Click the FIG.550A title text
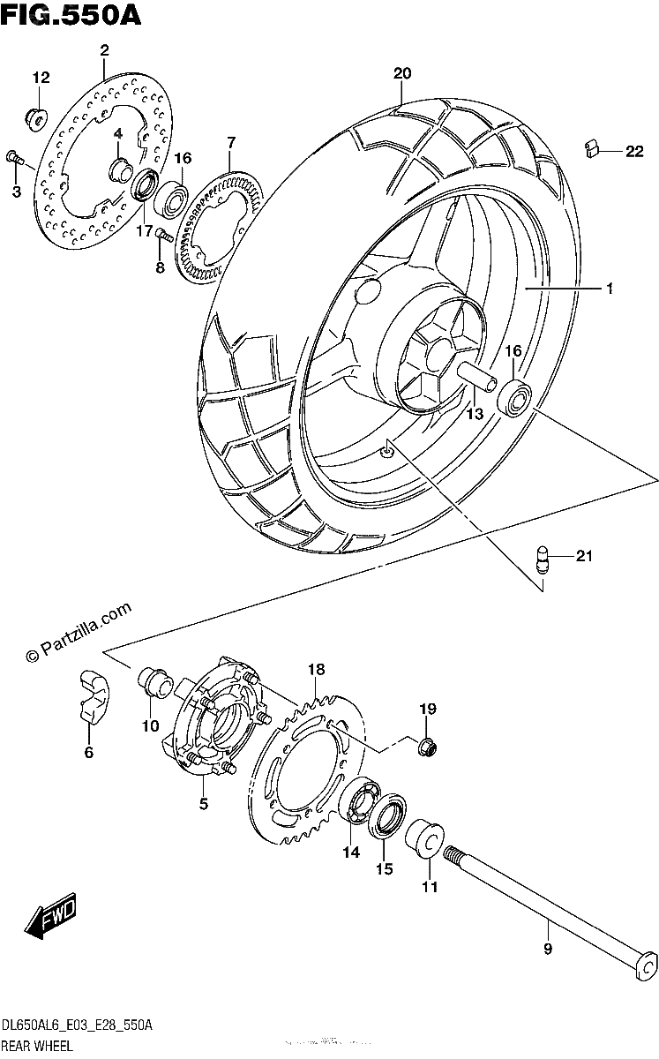point(71,15)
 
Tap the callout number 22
point(634,151)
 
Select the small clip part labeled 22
point(591,148)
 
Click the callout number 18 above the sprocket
point(316,670)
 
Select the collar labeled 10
point(155,682)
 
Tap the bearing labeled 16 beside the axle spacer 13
point(514,399)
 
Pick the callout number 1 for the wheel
point(610,288)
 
